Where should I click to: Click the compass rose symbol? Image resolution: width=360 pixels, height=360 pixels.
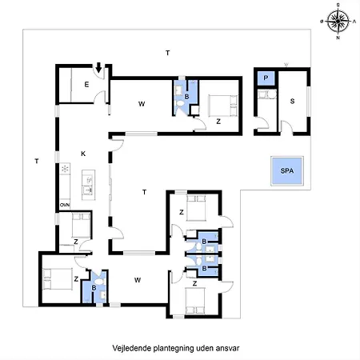point(338,21)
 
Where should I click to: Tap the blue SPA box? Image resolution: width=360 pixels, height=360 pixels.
point(286,171)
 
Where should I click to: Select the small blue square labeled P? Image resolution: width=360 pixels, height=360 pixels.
point(266,78)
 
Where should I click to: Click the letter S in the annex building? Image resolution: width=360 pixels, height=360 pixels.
point(292,101)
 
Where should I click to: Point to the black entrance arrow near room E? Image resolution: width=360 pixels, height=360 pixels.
point(98,68)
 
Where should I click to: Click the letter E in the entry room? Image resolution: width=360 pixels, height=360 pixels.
point(85,84)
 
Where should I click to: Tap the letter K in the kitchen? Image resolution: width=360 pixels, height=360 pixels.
point(82,153)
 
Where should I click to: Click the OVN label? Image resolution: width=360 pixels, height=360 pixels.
point(64,206)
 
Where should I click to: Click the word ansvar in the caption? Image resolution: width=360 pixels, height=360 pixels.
point(229,349)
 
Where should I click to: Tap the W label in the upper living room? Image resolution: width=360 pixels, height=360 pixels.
point(141,104)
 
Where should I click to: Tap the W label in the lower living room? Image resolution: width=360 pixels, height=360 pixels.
point(138,279)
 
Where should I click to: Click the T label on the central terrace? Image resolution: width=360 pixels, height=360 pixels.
point(144,192)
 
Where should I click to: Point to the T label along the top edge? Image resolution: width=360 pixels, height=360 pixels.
point(167,53)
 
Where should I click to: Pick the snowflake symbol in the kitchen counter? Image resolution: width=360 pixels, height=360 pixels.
point(63,170)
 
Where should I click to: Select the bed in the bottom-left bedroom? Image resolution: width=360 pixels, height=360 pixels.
point(55,278)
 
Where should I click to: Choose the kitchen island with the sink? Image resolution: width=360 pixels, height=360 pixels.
point(90,185)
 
